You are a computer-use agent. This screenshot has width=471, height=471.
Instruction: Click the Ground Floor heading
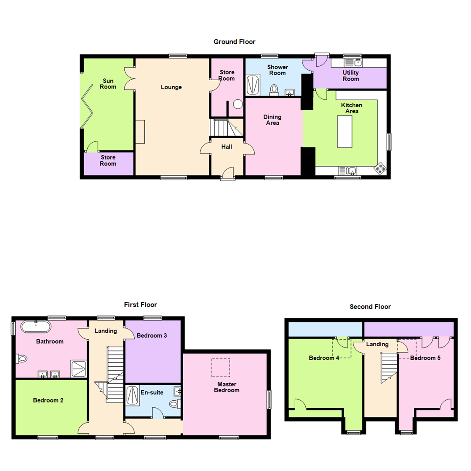[234, 42]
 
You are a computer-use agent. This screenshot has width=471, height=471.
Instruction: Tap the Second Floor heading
[370, 307]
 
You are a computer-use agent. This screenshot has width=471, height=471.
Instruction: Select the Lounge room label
[171, 87]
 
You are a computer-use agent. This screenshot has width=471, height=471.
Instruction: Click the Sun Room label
[108, 84]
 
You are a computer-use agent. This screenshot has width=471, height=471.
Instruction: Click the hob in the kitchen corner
[380, 168]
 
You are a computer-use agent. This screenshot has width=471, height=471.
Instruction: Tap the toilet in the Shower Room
[274, 89]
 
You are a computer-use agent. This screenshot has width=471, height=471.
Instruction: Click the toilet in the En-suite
[174, 404]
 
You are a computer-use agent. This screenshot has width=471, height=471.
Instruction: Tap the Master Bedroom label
[226, 387]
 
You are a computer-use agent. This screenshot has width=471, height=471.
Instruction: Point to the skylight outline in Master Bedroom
[220, 367]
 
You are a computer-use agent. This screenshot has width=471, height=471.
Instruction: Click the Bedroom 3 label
[151, 336]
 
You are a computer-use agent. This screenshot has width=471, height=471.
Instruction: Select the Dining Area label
[272, 120]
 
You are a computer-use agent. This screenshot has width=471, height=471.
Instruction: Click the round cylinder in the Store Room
[238, 104]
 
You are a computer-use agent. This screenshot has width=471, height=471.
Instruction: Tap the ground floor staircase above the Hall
[226, 128]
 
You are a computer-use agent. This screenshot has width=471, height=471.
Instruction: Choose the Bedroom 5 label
[425, 358]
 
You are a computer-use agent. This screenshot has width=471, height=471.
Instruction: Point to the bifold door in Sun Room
[87, 105]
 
